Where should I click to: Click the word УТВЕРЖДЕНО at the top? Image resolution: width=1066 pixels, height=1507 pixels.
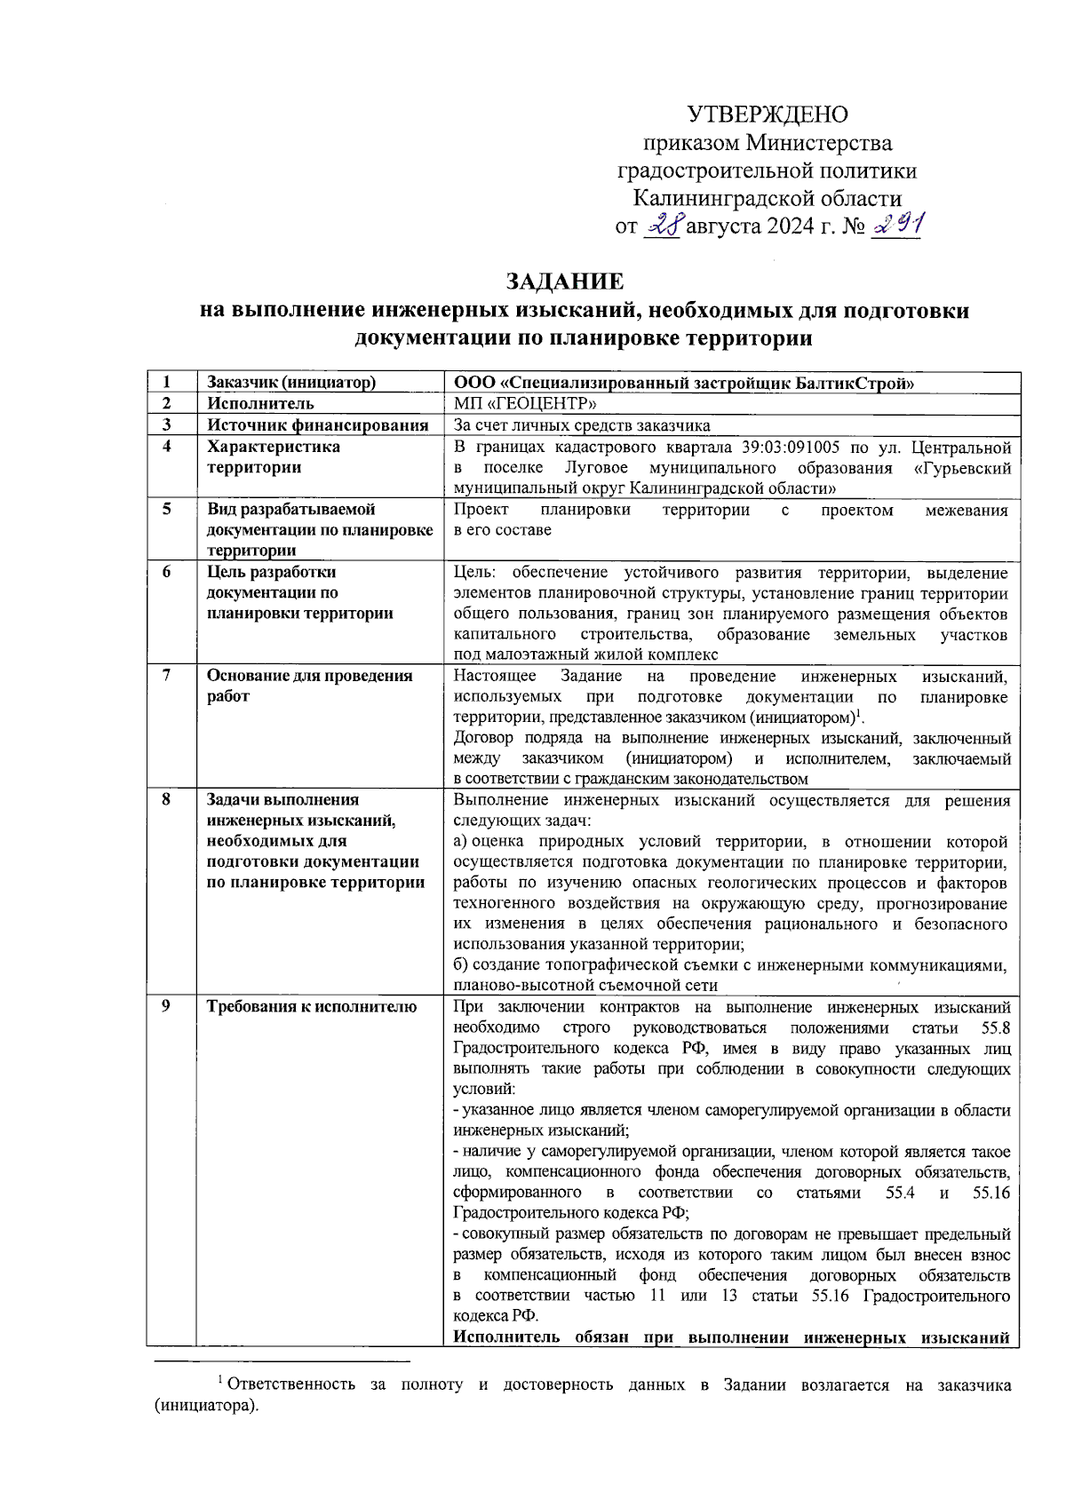point(768,115)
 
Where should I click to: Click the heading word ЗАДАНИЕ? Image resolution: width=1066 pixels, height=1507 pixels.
point(565,282)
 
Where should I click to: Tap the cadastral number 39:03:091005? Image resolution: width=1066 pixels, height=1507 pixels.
point(791,447)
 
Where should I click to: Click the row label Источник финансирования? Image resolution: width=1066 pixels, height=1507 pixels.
point(317,425)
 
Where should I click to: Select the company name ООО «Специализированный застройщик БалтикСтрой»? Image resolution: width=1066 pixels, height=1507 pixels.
point(684,383)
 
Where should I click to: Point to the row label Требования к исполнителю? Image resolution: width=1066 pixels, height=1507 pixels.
point(312,1006)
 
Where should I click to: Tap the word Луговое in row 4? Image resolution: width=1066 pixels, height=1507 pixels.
point(597,468)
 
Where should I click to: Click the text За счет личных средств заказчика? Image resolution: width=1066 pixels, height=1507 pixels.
point(582,425)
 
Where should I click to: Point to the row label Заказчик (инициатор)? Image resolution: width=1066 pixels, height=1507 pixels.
point(291,383)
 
